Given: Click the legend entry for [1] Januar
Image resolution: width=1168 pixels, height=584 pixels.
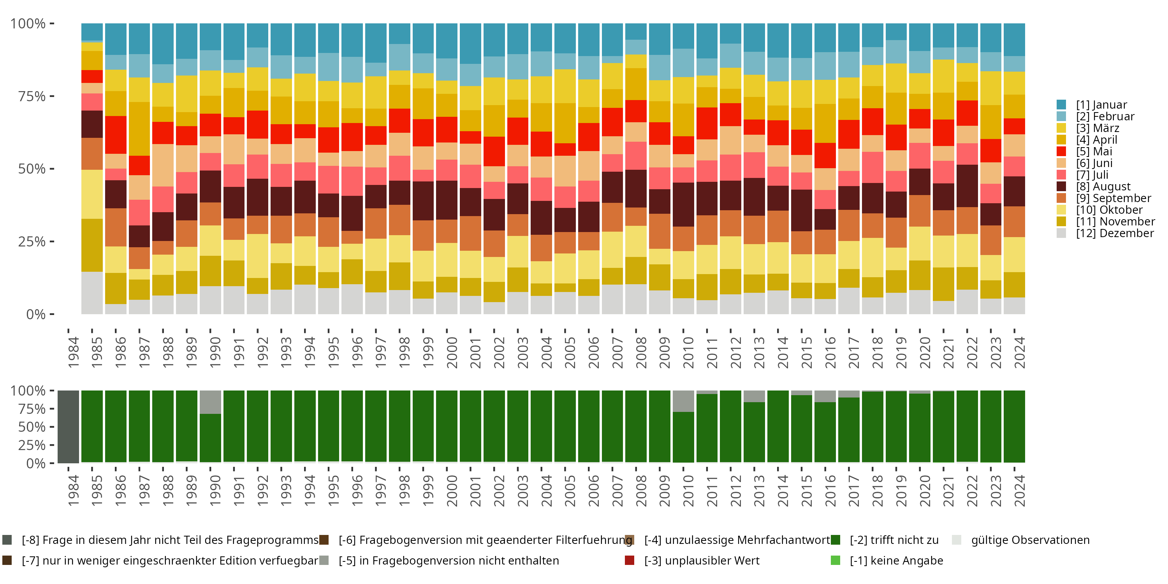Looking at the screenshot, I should [x=1101, y=105].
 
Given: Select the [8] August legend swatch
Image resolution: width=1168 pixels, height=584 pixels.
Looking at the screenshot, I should [x=1061, y=186].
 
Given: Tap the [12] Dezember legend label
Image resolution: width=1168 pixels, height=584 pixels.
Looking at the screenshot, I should [x=1115, y=233].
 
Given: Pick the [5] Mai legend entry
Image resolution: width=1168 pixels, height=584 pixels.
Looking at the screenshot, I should [x=1094, y=151].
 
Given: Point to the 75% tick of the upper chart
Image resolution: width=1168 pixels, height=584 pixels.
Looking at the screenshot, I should [x=52, y=96].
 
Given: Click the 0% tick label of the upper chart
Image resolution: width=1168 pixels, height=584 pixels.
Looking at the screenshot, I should [x=35, y=314].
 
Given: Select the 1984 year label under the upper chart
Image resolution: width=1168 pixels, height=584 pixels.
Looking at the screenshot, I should [x=74, y=352].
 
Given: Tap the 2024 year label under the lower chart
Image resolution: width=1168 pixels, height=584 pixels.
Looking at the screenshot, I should [x=1019, y=491].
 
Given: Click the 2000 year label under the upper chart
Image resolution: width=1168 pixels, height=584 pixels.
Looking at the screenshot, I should [x=452, y=352].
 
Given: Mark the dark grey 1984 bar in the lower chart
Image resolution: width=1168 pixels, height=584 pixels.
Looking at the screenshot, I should [x=69, y=427].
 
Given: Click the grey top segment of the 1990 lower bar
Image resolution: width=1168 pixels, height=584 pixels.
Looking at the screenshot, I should [x=210, y=402].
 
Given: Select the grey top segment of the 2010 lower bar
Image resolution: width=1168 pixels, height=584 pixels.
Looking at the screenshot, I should [x=683, y=401].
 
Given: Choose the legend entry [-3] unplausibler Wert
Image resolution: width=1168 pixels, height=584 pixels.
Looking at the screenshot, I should [x=701, y=560].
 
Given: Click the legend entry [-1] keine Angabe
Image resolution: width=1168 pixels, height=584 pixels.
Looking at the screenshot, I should [x=896, y=560].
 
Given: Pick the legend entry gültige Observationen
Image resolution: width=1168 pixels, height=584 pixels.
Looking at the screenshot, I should [x=1030, y=540].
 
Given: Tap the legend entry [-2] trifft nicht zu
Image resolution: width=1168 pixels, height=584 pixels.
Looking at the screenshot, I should [x=894, y=540].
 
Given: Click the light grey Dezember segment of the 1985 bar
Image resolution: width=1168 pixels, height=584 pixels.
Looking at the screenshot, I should [x=92, y=293].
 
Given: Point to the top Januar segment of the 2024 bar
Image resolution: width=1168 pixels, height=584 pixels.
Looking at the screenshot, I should [x=1014, y=39].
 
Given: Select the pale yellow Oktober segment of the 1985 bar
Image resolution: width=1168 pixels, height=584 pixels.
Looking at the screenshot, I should [x=92, y=194].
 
